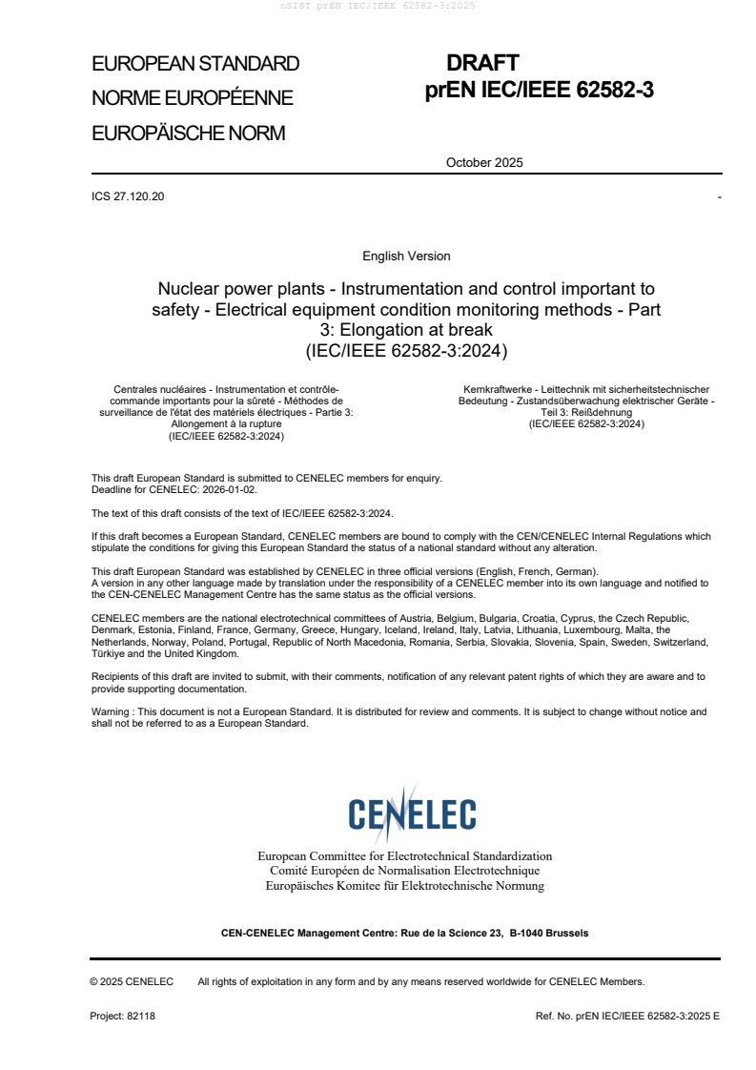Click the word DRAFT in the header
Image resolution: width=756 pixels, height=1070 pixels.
click(482, 63)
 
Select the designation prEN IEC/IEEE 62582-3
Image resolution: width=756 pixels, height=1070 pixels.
click(539, 92)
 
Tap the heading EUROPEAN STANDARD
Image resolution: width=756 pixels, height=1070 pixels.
click(195, 64)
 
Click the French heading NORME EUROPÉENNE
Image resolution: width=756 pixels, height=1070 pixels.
click(192, 98)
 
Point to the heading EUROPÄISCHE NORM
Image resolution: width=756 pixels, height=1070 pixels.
click(188, 134)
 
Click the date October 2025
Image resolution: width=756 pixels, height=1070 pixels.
click(484, 162)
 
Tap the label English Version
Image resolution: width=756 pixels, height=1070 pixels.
click(406, 257)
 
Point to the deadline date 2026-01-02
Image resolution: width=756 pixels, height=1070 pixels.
click(230, 488)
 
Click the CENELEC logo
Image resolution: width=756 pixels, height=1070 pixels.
click(412, 814)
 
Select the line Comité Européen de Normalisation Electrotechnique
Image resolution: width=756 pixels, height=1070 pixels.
click(405, 871)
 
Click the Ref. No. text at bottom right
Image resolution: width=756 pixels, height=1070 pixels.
click(628, 1016)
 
